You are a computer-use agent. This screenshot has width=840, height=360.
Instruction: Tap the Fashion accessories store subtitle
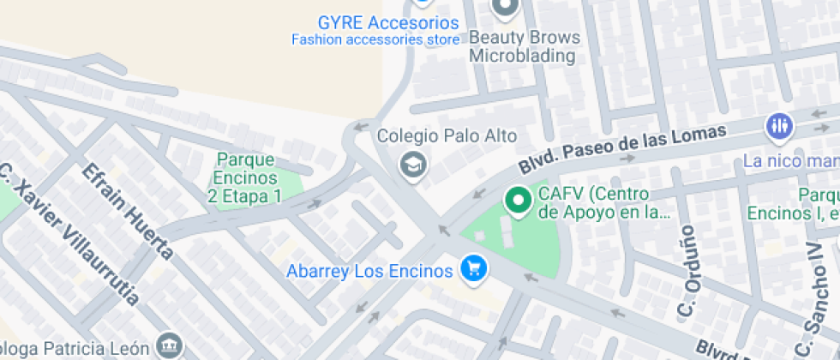click(x=375, y=39)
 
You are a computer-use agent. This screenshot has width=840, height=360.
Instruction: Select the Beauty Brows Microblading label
click(x=524, y=47)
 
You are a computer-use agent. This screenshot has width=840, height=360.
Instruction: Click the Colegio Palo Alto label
click(x=447, y=136)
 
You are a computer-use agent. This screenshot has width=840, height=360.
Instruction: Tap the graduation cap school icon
click(x=413, y=165)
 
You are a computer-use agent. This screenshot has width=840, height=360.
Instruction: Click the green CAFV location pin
click(x=517, y=201)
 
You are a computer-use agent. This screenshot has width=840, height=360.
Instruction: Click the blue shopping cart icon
click(x=473, y=269)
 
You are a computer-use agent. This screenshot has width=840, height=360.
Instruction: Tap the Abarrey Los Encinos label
click(x=369, y=271)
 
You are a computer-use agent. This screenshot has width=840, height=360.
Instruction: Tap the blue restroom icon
click(x=778, y=126)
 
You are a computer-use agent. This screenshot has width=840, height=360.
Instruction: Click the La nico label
click(x=789, y=161)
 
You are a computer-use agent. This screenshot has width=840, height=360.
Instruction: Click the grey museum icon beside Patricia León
click(x=170, y=346)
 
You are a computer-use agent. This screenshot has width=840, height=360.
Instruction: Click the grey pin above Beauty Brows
click(x=505, y=7)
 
